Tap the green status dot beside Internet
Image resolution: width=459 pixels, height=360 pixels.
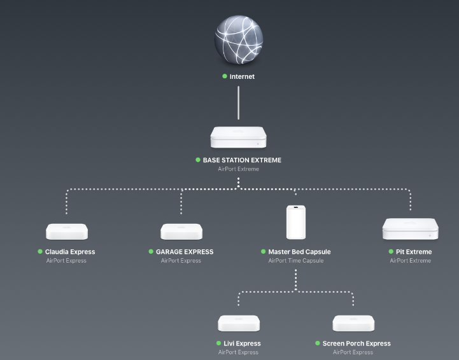225,76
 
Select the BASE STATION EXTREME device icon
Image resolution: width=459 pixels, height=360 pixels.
238,137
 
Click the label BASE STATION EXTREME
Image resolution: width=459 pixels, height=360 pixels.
242,160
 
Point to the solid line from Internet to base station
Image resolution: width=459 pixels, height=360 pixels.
238,103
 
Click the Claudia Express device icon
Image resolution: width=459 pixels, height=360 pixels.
67,232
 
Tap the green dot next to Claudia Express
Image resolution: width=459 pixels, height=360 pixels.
40,252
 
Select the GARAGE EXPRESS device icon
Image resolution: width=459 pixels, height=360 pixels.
181,232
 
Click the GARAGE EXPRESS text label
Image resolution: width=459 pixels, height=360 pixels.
185,252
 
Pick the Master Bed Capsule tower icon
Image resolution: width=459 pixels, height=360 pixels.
296,222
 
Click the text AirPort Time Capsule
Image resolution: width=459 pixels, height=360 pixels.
296,261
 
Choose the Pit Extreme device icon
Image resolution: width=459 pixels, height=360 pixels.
411,229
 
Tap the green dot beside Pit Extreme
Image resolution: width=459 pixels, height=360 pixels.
391,252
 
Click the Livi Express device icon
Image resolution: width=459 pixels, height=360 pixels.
239,323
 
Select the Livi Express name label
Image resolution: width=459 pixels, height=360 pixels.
242,343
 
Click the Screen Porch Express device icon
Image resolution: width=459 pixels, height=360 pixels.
353,323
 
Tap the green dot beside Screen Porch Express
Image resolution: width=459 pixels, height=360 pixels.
318,343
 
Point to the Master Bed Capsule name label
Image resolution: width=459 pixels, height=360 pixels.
299,252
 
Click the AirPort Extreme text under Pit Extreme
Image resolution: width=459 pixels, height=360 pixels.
411,261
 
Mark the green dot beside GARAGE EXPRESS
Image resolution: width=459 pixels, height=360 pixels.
151,252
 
